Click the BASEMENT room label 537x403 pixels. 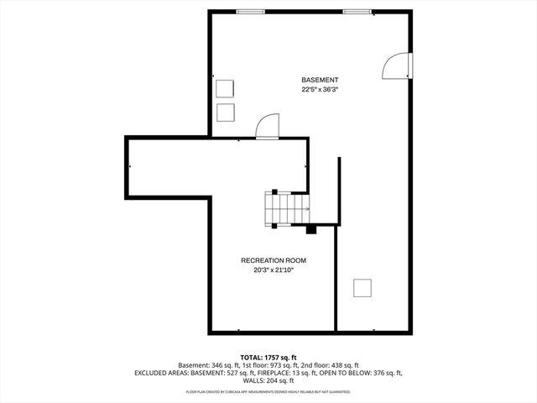pyautogui.click(x=320, y=79)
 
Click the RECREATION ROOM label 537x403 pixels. pyautogui.click(x=268, y=260)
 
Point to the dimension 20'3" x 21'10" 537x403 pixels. pyautogui.click(x=268, y=270)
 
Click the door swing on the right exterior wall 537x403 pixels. pyautogui.click(x=398, y=67)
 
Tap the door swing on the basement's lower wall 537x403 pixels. pyautogui.click(x=266, y=126)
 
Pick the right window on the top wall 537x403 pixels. pyautogui.click(x=357, y=11)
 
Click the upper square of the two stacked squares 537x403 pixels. pyautogui.click(x=226, y=89)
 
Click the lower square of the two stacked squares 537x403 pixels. pyautogui.click(x=226, y=113)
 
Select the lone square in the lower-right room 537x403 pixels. pyautogui.click(x=362, y=288)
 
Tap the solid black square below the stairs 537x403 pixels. pyautogui.click(x=310, y=228)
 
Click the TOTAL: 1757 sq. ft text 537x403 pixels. pyautogui.click(x=268, y=357)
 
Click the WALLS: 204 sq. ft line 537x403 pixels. pyautogui.click(x=268, y=380)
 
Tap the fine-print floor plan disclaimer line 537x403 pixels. pyautogui.click(x=268, y=391)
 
